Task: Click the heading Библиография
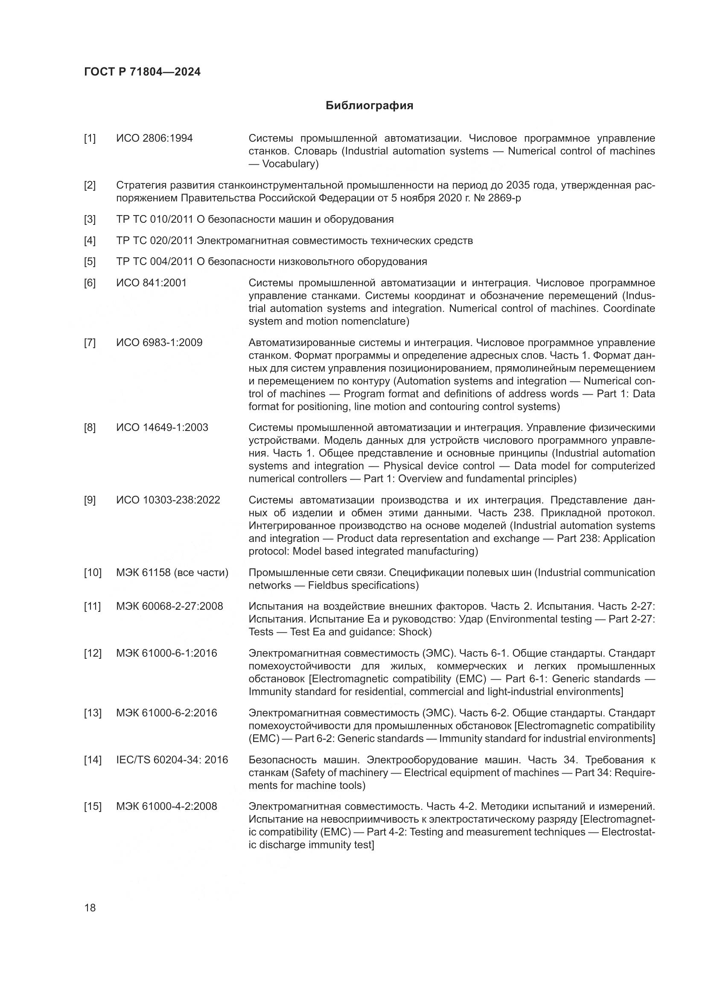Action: tap(369, 106)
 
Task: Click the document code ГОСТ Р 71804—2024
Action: tap(142, 72)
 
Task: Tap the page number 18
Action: tap(90, 908)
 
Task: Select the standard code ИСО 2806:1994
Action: tap(155, 138)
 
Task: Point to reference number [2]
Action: tap(90, 185)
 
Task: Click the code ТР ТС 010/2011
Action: tap(155, 219)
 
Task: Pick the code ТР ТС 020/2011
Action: tap(155, 240)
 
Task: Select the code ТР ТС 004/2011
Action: tap(155, 262)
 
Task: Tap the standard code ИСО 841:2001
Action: tap(151, 283)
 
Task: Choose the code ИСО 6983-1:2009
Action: tap(159, 343)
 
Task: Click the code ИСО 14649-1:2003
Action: tap(162, 428)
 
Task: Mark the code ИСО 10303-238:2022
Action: tap(168, 500)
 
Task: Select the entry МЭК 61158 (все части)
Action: tap(172, 573)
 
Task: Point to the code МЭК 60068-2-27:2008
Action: tap(169, 606)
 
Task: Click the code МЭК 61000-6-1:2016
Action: tap(166, 653)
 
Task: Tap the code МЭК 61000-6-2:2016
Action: tap(166, 713)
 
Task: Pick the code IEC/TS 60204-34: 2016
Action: tap(172, 760)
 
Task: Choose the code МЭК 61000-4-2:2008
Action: tap(166, 806)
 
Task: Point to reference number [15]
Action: tap(92, 806)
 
